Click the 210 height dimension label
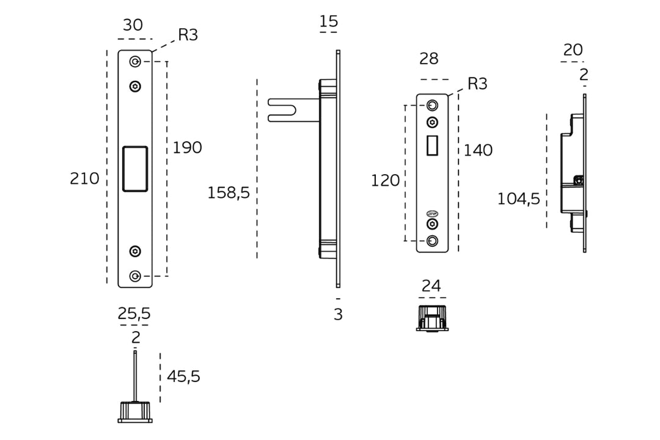(x=84, y=178)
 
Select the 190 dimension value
(x=187, y=148)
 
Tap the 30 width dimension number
(x=133, y=25)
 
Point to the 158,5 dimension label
(x=229, y=193)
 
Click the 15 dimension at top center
(x=328, y=22)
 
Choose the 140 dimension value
(x=478, y=150)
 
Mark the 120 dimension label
(x=385, y=181)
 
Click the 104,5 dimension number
(x=518, y=199)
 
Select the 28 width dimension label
(x=429, y=59)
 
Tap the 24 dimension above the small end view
(x=431, y=286)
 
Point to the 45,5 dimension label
(x=183, y=377)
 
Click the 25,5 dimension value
(x=134, y=313)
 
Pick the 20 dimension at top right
(x=573, y=50)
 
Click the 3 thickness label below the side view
(x=338, y=315)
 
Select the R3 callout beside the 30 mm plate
(x=188, y=35)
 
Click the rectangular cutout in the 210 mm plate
(x=135, y=169)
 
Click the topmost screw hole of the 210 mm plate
(x=135, y=61)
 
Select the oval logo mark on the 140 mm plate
(x=432, y=213)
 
